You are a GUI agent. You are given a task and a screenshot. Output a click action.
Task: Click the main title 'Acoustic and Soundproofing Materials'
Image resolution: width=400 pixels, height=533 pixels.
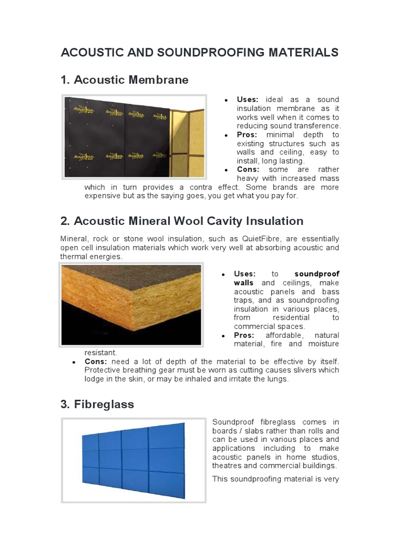click(x=199, y=53)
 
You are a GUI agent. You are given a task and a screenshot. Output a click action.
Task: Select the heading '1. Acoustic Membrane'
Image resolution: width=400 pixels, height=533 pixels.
click(x=124, y=80)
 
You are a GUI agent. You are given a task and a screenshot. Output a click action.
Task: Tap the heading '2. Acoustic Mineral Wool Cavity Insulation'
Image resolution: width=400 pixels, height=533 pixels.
click(x=182, y=221)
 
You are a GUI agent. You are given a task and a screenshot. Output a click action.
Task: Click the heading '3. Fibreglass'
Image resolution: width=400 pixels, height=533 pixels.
click(x=97, y=404)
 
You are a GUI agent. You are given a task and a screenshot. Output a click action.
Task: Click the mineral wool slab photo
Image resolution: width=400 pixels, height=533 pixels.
click(x=131, y=304)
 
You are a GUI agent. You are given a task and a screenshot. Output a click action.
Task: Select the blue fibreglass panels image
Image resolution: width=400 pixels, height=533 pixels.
click(x=133, y=453)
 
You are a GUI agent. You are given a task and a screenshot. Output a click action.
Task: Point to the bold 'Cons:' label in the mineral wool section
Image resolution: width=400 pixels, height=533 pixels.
click(x=96, y=361)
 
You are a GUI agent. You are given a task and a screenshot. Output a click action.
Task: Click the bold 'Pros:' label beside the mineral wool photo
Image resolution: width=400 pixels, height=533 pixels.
click(x=244, y=335)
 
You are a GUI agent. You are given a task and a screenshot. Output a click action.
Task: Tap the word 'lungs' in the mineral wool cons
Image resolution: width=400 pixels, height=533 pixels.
click(x=277, y=379)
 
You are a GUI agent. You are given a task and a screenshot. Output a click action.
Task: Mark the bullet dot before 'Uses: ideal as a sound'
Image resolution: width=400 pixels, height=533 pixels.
click(x=226, y=100)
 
